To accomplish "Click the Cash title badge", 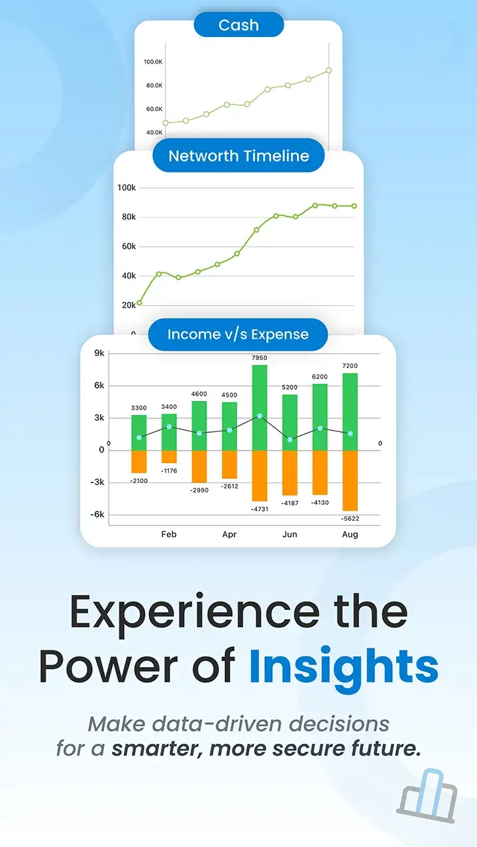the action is click(238, 24).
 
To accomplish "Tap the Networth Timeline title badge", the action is click(238, 156).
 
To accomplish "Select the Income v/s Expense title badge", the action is click(238, 334).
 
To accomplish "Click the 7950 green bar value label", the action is click(259, 358).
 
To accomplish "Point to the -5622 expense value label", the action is click(350, 518).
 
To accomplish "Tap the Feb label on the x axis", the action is click(169, 534).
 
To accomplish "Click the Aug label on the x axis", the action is click(350, 534).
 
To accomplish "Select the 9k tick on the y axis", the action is click(99, 353).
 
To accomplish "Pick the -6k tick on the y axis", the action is click(97, 514).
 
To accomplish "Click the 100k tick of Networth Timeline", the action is click(127, 187).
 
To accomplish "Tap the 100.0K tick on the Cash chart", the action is click(153, 62).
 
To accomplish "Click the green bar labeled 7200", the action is click(350, 412).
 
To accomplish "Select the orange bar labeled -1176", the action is click(169, 457).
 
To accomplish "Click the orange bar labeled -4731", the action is click(259, 476).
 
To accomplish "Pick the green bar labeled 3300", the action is click(139, 433).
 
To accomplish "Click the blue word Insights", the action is click(344, 668).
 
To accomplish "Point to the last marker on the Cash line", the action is click(329, 70).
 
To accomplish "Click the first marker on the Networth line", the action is click(139, 302).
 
